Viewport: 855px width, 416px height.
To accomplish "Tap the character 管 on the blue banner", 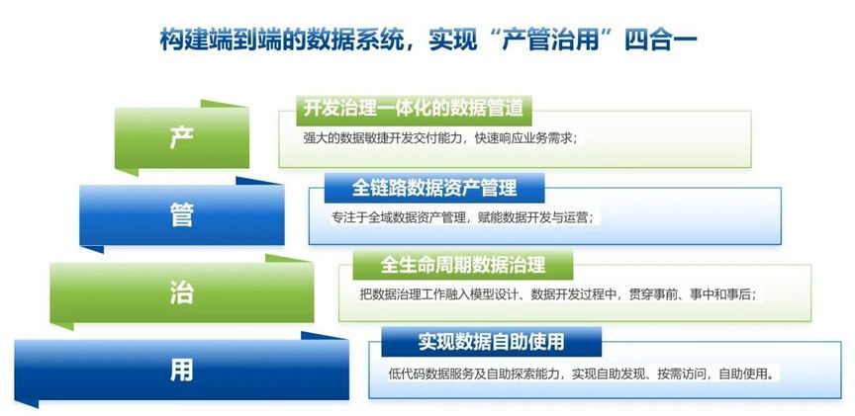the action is point(181,215).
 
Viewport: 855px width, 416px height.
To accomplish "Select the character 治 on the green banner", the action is point(181,293).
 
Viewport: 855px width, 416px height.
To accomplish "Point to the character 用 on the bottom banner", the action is point(181,371).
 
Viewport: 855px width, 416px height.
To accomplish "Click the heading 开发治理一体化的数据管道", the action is point(414,109).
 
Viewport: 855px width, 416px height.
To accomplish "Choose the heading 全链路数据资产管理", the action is point(434,188).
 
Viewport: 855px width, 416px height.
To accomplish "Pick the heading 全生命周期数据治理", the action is point(463,265).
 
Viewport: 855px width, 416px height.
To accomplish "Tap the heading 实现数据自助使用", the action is point(491,342).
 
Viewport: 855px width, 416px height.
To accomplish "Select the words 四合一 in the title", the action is point(660,41).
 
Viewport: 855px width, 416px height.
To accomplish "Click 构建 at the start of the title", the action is point(182,41).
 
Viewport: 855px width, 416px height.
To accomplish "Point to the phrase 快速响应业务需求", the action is point(522,138).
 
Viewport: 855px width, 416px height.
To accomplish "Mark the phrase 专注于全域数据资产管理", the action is point(399,217).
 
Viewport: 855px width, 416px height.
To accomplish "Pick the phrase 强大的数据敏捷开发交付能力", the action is point(384,138).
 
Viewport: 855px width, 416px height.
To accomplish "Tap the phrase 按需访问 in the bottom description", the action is point(682,374).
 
